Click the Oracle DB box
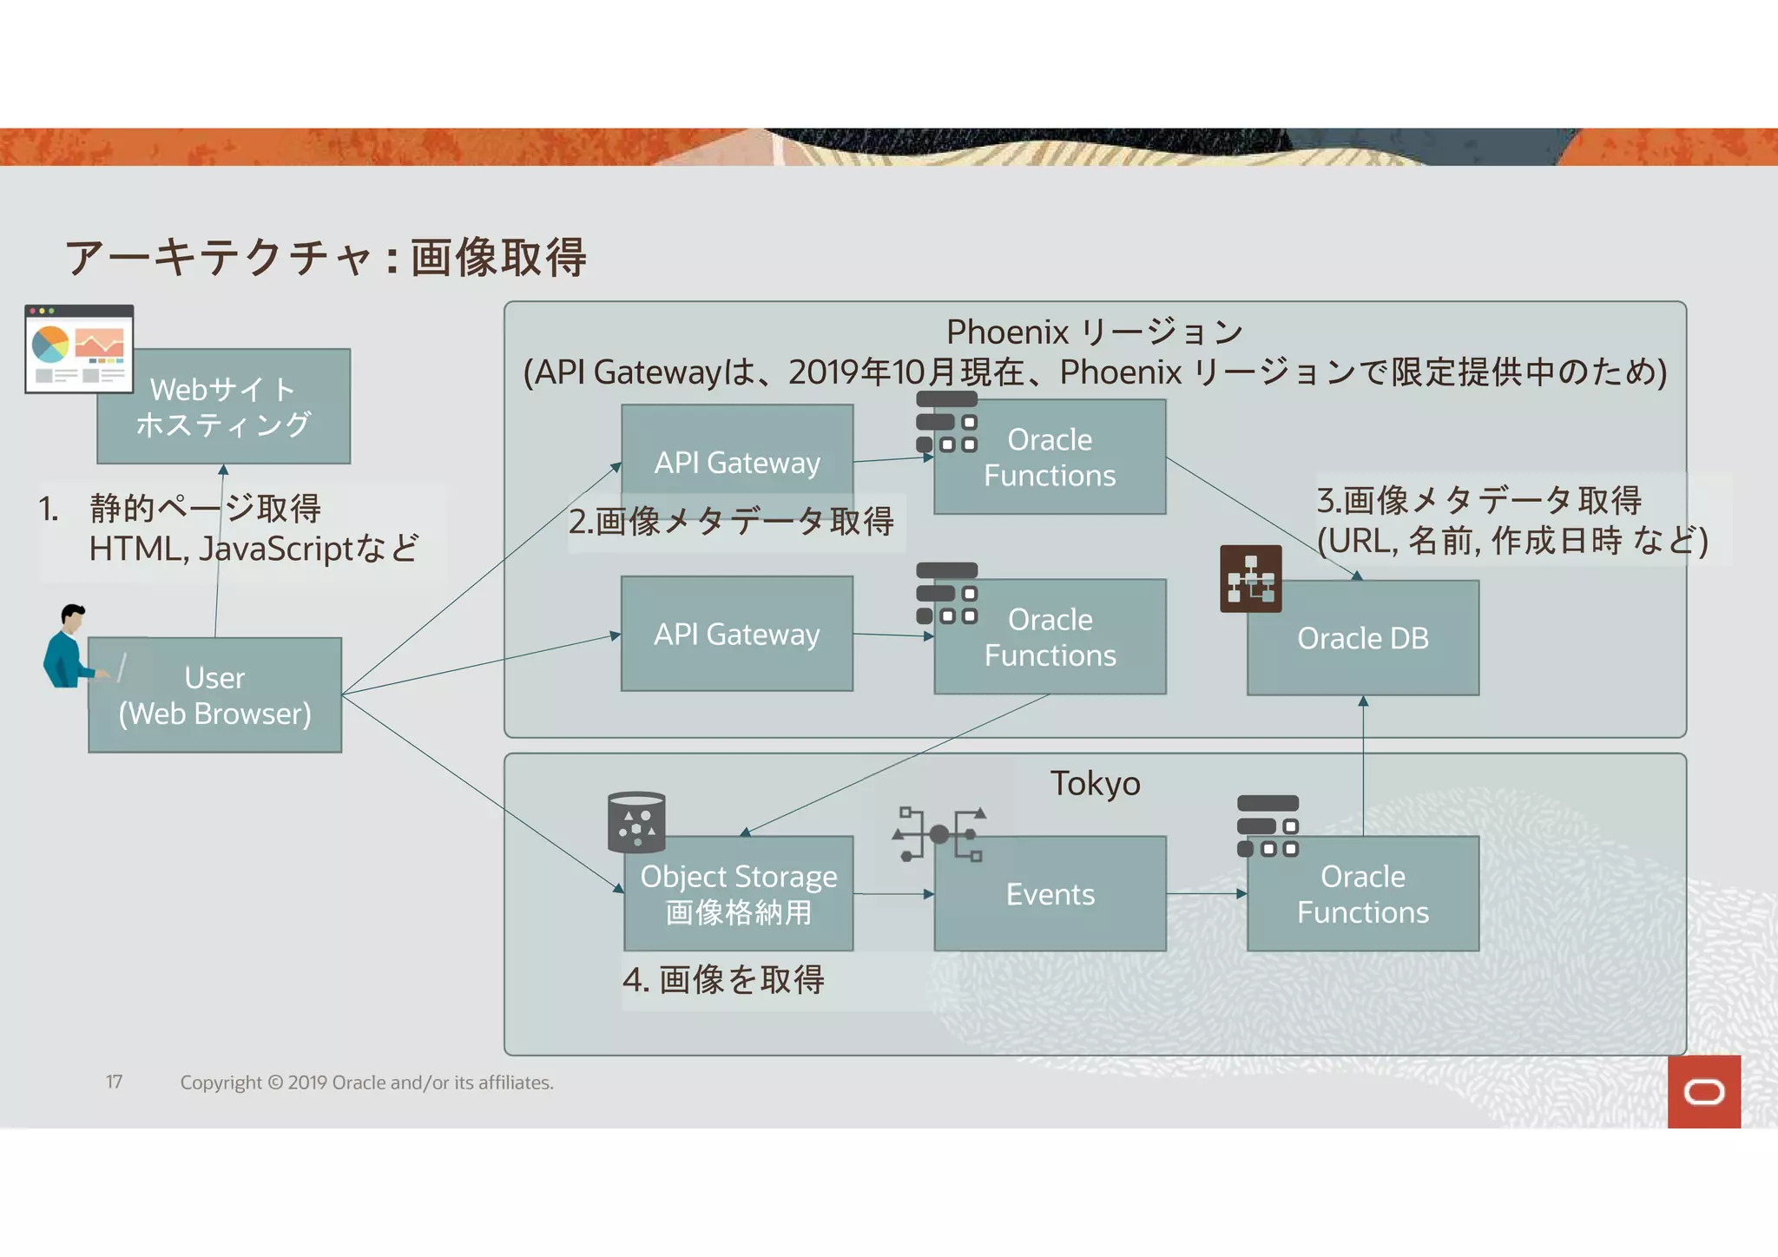(1363, 638)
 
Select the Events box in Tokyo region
(1050, 894)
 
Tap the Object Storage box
(738, 894)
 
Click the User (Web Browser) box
(214, 695)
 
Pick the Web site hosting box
(223, 406)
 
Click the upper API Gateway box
(737, 462)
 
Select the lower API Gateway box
(737, 634)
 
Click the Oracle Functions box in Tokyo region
(1363, 894)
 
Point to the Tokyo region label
(1095, 783)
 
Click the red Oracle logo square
(1703, 1091)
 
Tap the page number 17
(114, 1082)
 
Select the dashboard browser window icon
(79, 349)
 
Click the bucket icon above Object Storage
(636, 821)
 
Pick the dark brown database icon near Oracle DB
(1250, 579)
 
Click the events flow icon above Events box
(940, 834)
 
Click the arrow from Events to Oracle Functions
(1206, 893)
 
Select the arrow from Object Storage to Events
(892, 893)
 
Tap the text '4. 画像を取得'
(723, 979)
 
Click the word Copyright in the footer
(221, 1083)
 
